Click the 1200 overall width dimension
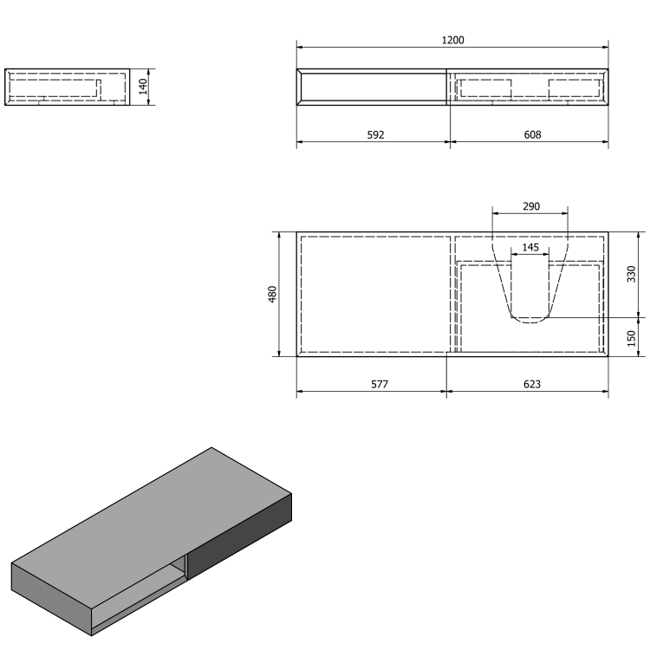(x=452, y=40)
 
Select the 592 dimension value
(x=374, y=134)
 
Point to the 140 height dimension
(x=143, y=87)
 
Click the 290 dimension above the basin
(x=530, y=206)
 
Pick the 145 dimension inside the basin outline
(x=530, y=247)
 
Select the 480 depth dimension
(x=271, y=294)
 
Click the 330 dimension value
(x=632, y=274)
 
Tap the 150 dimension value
(x=632, y=336)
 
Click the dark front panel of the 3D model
(x=240, y=536)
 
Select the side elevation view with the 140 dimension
(x=67, y=87)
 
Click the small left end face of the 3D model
(x=52, y=598)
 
